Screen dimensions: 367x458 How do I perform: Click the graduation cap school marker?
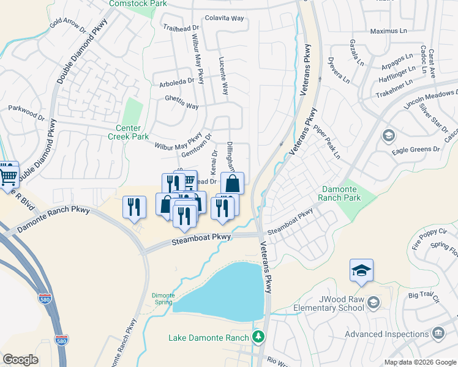click(x=361, y=269)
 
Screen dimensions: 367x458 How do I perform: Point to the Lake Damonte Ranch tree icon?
click(x=258, y=337)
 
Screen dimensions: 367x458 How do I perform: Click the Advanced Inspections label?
click(x=386, y=334)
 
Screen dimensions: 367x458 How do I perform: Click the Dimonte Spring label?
click(x=163, y=299)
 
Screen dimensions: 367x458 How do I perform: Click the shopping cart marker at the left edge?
click(x=8, y=174)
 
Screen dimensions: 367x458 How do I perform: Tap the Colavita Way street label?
click(x=225, y=18)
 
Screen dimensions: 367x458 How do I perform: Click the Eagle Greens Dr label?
click(x=419, y=149)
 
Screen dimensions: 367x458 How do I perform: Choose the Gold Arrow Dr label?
click(x=67, y=26)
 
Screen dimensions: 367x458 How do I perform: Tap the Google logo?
click(x=21, y=360)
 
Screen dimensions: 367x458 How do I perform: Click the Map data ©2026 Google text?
click(x=419, y=362)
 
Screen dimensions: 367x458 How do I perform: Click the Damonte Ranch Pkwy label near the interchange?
click(x=54, y=220)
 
